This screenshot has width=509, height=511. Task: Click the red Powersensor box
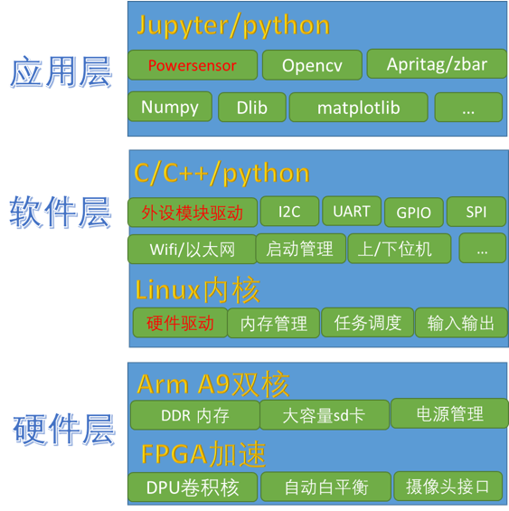[x=193, y=65]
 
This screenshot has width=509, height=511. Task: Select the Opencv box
[x=312, y=65]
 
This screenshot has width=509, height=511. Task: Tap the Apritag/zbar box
[x=437, y=64]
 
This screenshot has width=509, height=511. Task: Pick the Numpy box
[x=170, y=107]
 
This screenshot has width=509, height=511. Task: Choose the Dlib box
[x=252, y=108]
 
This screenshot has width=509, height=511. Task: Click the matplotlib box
[x=358, y=108]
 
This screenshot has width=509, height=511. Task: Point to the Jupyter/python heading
[x=233, y=25]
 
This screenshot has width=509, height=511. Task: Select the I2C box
[x=289, y=211]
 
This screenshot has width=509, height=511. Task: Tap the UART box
[x=352, y=211]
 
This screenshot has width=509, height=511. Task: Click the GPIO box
[x=414, y=213]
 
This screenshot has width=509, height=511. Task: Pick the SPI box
[x=476, y=212]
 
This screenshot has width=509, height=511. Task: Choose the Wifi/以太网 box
[x=193, y=250]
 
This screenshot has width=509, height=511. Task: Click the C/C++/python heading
[x=222, y=174]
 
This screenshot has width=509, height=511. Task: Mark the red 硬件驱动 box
[x=180, y=323]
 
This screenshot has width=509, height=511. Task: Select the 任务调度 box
[x=368, y=323]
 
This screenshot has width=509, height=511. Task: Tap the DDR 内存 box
[x=195, y=415]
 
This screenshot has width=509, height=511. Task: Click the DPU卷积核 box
[x=193, y=487]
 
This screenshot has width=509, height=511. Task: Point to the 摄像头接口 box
[x=448, y=487]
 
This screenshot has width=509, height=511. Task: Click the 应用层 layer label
[x=61, y=72]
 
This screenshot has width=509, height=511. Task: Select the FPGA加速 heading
[x=203, y=454]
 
